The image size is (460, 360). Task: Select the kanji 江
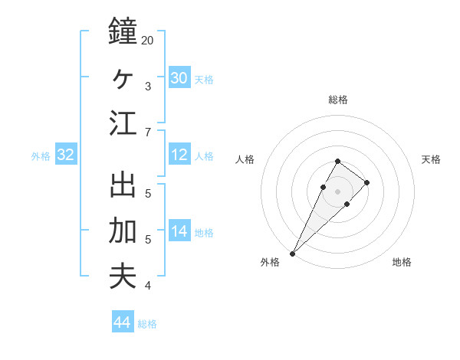(x=123, y=123)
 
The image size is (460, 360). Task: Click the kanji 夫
(x=123, y=276)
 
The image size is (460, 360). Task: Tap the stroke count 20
(x=147, y=40)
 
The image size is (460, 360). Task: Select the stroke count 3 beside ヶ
(x=147, y=86)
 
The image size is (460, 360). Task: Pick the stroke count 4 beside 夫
(x=147, y=286)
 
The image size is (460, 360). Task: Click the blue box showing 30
(x=179, y=78)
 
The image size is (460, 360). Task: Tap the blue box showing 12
(x=179, y=155)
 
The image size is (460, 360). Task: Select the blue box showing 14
(x=179, y=232)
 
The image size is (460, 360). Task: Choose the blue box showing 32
(x=66, y=155)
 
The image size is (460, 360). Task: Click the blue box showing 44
(x=122, y=322)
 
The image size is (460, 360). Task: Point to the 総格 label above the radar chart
(x=337, y=100)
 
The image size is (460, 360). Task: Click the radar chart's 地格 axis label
(x=402, y=263)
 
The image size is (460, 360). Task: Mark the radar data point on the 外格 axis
(x=292, y=253)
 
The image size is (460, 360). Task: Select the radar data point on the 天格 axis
(x=367, y=182)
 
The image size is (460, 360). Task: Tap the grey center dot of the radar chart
(x=337, y=191)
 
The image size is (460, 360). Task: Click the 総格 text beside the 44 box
(x=147, y=324)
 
